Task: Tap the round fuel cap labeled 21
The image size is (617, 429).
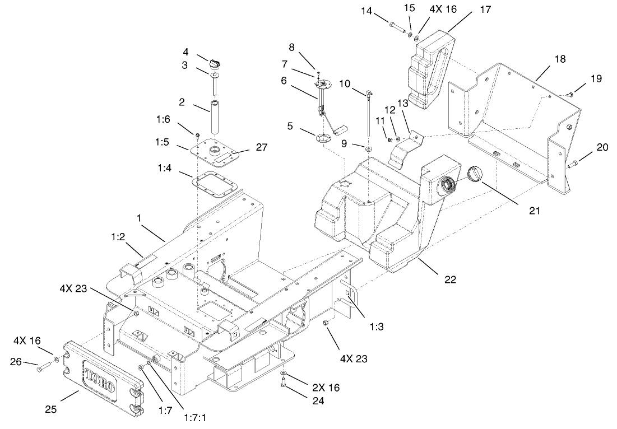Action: (x=475, y=175)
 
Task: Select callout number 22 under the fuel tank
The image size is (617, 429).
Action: (x=449, y=279)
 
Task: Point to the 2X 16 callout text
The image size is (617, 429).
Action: (x=326, y=388)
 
